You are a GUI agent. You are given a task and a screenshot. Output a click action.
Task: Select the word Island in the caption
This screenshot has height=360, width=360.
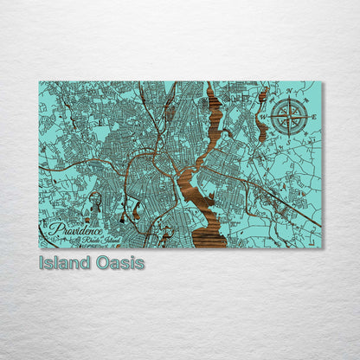point(63,262)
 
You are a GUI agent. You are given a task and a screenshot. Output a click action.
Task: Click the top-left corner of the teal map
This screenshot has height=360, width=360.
point(39,82)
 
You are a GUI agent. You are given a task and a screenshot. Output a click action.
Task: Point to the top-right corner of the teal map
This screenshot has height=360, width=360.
point(322,82)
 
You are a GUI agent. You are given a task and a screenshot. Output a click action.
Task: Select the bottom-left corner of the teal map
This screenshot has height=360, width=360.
point(39,248)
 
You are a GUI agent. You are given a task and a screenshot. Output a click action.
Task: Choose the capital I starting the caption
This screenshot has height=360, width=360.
point(42,262)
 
